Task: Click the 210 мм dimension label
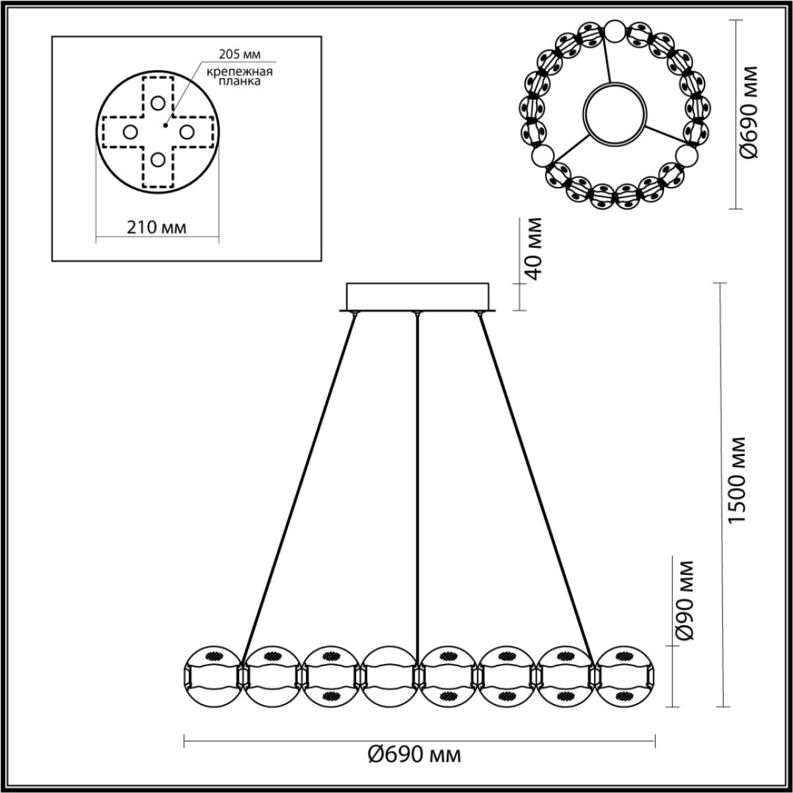click(x=156, y=227)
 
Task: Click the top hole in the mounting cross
click(x=157, y=103)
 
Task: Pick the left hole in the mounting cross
click(x=130, y=132)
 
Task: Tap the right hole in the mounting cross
click(x=186, y=132)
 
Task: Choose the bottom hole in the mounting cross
click(x=157, y=160)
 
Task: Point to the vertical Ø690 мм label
click(x=749, y=113)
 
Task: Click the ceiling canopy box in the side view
click(x=418, y=295)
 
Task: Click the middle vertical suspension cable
click(x=417, y=482)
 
